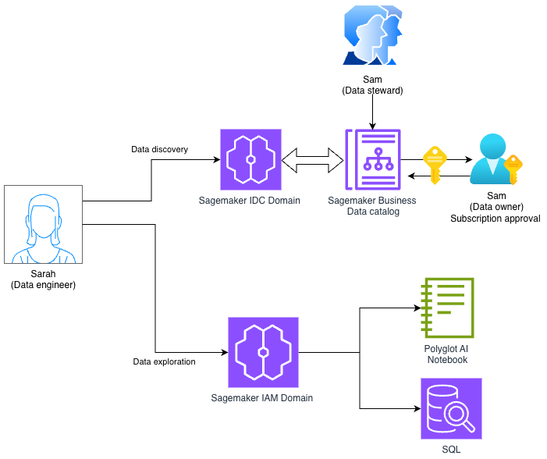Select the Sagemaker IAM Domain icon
[263, 352]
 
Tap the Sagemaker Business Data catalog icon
[372, 160]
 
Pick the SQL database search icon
[451, 409]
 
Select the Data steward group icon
[373, 35]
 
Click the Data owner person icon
[493, 159]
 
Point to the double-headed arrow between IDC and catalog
[312, 161]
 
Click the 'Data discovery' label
[159, 149]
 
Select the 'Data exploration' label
[164, 361]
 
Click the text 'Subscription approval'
[495, 218]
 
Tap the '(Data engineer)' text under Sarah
[43, 285]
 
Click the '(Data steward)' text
[372, 91]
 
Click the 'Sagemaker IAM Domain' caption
[262, 398]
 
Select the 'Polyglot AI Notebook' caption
[447, 354]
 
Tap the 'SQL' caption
[451, 450]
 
